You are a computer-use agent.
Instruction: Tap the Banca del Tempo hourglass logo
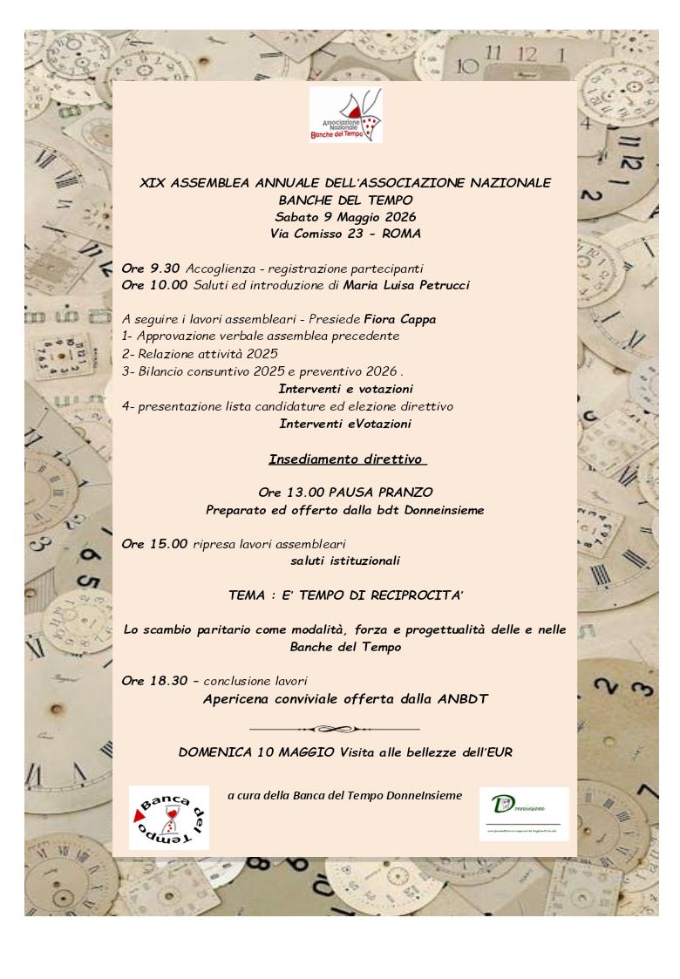pyautogui.click(x=168, y=817)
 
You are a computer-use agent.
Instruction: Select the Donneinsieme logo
pyautogui.click(x=523, y=813)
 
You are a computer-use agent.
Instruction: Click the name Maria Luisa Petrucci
pyautogui.click(x=407, y=285)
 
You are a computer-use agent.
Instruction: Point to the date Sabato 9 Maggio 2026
pyautogui.click(x=345, y=216)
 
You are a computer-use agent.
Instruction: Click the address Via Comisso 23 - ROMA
pyautogui.click(x=345, y=234)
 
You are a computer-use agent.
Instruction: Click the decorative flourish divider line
pyautogui.click(x=334, y=728)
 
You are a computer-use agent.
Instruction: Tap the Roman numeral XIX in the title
pyautogui.click(x=153, y=182)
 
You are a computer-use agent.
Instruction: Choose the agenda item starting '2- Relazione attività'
pyautogui.click(x=200, y=353)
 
